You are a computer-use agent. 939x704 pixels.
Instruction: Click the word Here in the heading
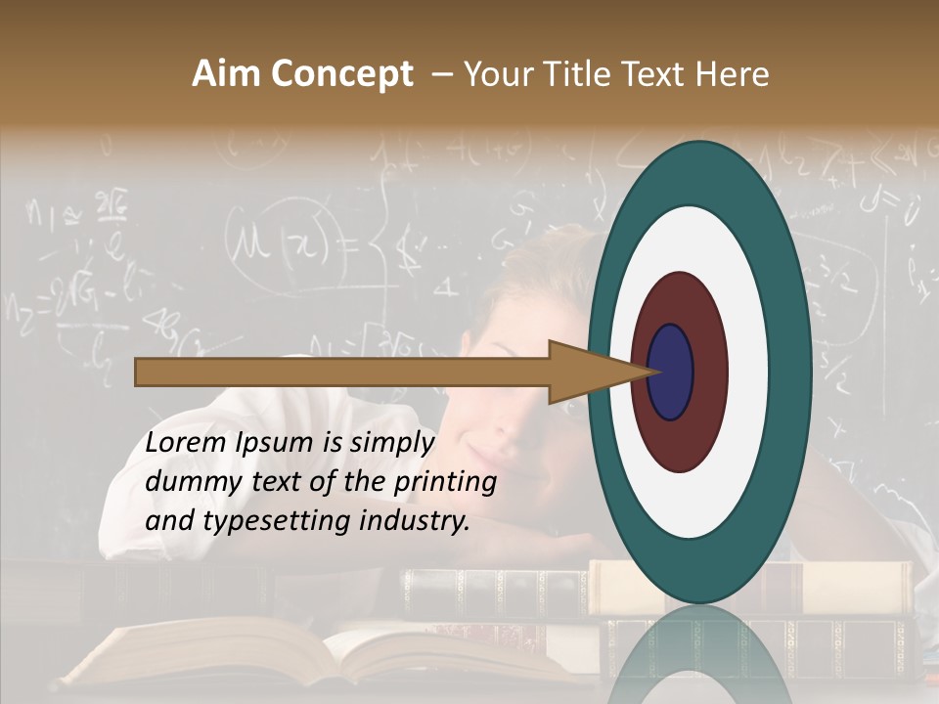[x=733, y=74]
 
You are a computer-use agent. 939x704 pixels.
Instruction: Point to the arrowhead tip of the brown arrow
[x=656, y=372]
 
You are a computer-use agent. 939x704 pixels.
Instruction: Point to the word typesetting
[x=263, y=521]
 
